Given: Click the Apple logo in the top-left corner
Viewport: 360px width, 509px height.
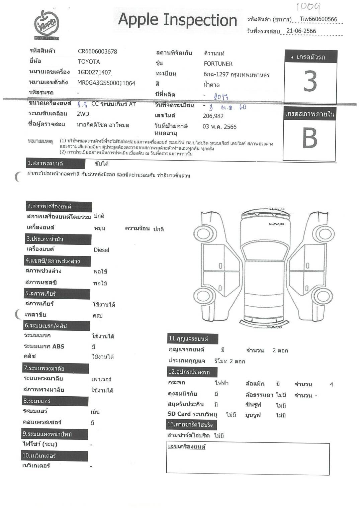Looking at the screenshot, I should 47,24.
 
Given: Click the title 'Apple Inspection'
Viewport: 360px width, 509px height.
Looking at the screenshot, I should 177,20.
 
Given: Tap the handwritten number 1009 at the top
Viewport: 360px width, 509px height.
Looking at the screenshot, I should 308,7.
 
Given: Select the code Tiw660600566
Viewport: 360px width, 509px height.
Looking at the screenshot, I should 318,19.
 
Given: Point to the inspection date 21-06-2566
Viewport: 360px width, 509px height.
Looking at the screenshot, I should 301,31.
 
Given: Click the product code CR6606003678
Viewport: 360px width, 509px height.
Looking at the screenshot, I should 97,52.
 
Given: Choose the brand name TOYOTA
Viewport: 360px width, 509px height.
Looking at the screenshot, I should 89,62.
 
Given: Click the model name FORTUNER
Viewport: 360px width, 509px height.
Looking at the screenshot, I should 218,64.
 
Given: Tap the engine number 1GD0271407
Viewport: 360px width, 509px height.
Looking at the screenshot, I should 94,72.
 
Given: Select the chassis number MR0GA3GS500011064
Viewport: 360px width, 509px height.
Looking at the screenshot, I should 106,83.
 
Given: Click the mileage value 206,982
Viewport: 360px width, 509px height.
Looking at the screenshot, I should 213,116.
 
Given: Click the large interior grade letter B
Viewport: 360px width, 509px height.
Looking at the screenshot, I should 309,138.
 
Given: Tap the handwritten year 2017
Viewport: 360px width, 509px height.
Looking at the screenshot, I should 221,97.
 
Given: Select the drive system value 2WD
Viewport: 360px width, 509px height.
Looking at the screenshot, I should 83,114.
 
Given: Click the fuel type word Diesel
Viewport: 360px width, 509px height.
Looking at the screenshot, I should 101,250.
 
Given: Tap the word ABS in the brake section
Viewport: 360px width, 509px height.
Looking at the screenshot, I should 58,346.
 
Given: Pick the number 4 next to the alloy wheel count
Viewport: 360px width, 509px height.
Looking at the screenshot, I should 331,385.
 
